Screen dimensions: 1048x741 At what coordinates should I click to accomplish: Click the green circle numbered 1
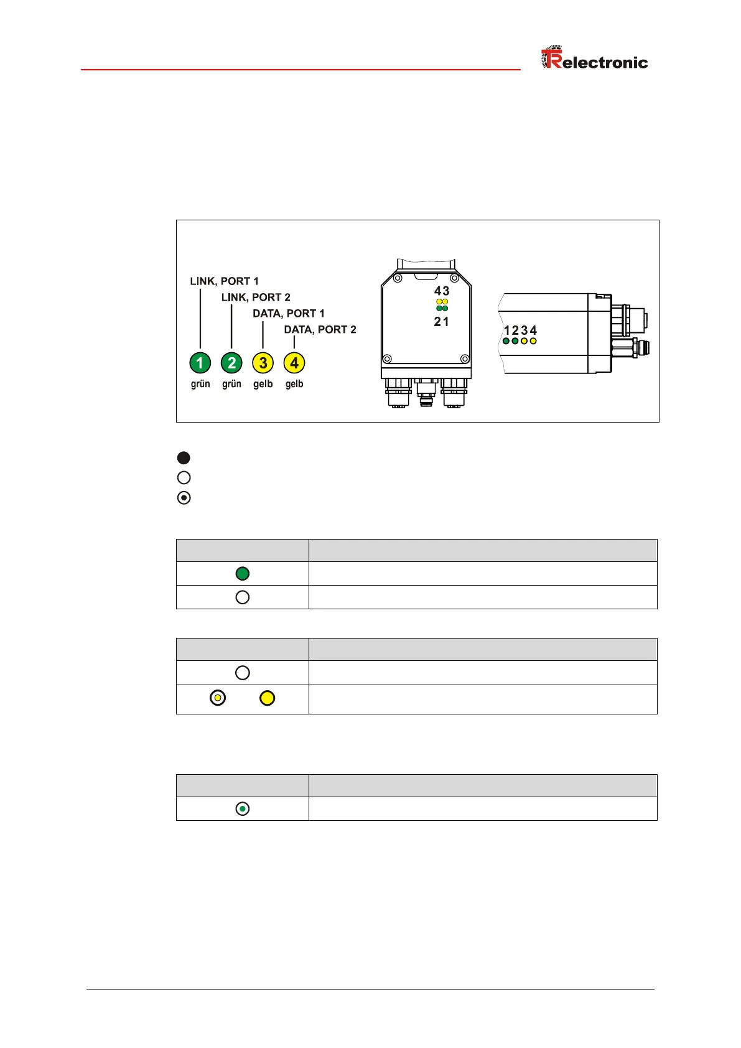pos(200,363)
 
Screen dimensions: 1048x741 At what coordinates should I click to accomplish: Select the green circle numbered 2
pos(231,363)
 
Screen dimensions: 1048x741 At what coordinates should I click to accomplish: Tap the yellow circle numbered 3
pos(263,363)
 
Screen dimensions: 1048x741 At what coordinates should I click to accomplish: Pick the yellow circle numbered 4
pos(294,363)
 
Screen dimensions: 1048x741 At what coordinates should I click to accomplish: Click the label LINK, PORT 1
pos(224,281)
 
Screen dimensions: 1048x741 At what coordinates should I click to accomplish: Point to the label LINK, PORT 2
pos(256,297)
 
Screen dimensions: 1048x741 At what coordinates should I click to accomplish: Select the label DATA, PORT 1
pos(288,314)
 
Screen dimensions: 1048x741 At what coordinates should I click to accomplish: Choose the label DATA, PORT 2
pos(320,330)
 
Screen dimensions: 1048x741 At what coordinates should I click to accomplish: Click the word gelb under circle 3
pos(263,384)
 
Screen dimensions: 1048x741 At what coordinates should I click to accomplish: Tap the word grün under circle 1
pos(200,384)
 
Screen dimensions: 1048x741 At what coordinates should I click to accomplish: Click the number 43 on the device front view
pos(442,291)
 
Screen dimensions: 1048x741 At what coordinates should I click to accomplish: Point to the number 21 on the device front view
pos(442,322)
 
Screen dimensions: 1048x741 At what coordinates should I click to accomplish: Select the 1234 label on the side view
pos(520,330)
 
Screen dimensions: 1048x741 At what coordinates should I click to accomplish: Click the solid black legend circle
pos(184,458)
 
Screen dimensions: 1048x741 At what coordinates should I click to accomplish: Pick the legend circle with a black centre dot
pos(184,498)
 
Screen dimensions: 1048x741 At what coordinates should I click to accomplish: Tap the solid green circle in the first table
pos(243,574)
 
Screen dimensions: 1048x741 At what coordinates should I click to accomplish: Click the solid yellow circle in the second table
pos(267,698)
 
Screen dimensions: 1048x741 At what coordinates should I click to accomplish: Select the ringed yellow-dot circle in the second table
pos(218,698)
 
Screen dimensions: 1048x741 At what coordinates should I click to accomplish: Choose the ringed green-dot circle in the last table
pos(243,809)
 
